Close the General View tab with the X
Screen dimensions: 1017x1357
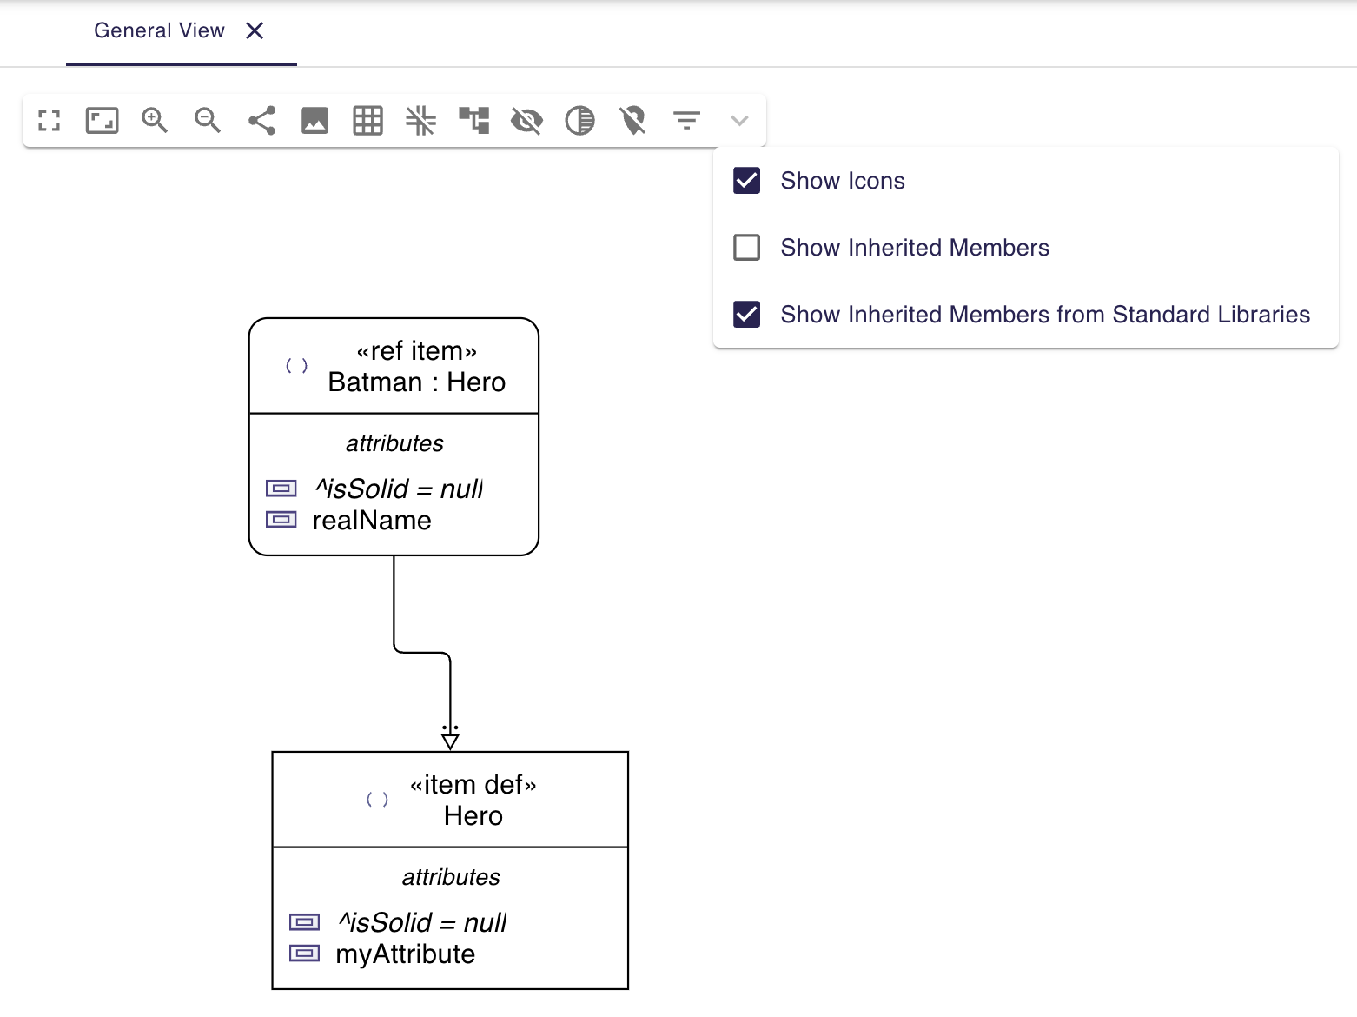255,31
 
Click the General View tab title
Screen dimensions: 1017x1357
159,31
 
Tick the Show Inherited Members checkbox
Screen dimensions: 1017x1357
747,248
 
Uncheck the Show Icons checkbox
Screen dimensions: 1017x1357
747,181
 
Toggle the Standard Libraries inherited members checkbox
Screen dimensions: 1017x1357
747,315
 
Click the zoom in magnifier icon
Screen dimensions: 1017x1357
155,120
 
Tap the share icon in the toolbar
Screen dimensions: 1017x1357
261,120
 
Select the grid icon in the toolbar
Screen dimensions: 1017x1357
367,120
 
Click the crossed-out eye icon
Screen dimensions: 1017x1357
526,120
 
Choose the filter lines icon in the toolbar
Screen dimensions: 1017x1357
686,120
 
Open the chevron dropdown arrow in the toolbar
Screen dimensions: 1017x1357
739,120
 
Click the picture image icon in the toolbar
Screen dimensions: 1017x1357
314,120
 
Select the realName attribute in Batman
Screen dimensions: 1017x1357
372,521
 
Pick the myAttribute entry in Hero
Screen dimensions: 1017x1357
405,954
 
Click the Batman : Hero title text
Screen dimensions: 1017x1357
416,382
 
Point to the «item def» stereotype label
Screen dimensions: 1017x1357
473,785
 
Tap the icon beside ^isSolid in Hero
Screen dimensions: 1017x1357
304,922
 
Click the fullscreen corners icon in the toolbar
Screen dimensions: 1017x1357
50,120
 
